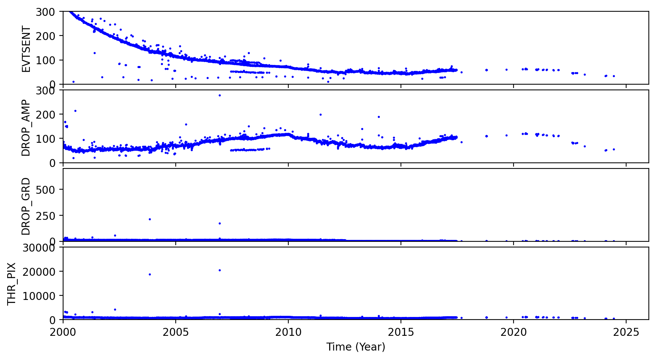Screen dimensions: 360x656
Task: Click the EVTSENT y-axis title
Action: click(x=26, y=49)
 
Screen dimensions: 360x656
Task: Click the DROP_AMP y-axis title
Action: click(x=26, y=128)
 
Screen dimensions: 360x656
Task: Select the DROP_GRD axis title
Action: click(x=26, y=206)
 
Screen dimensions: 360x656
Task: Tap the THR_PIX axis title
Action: click(x=12, y=284)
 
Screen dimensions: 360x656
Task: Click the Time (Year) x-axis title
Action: click(x=356, y=347)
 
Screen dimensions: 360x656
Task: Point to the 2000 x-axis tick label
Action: click(x=63, y=332)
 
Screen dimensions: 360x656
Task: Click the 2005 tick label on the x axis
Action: click(x=176, y=332)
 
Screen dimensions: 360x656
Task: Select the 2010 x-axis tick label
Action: click(x=288, y=332)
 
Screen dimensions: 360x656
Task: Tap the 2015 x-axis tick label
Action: click(x=401, y=332)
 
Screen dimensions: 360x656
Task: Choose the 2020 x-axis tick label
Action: click(x=514, y=332)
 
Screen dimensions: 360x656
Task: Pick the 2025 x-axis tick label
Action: click(x=626, y=332)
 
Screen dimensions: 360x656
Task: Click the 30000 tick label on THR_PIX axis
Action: click(x=39, y=248)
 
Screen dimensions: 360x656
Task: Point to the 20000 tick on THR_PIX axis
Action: click(x=39, y=272)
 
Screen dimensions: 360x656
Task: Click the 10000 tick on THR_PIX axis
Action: click(x=39, y=296)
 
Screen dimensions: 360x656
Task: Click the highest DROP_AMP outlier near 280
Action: click(x=220, y=95)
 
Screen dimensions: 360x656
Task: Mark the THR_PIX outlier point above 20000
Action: click(x=220, y=270)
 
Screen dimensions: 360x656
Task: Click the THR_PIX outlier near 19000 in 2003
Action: click(x=150, y=274)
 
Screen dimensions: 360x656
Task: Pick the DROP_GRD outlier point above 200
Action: click(x=150, y=219)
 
